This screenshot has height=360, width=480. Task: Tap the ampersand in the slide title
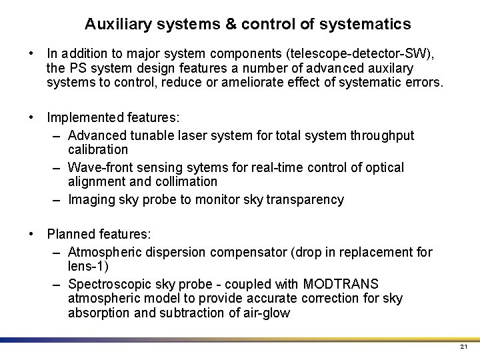[230, 25]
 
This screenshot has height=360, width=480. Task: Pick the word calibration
[98, 150]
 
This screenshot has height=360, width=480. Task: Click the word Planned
[71, 235]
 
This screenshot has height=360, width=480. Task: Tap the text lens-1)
[88, 266]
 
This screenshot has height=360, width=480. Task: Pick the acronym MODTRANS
[340, 284]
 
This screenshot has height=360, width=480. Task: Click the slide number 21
[464, 348]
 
